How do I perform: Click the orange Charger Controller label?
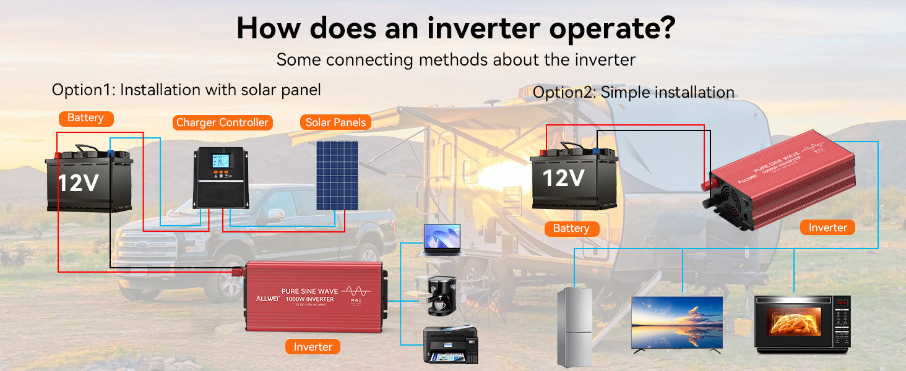coord(222,122)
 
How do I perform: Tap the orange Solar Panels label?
coord(336,122)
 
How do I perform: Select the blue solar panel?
coord(337,176)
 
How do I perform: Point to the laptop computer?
coord(442,240)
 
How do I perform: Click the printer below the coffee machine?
coord(450,345)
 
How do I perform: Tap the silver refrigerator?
coord(574,328)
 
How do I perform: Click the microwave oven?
coord(802,324)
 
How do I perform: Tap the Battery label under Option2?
coord(571,229)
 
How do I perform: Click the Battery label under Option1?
coord(85,118)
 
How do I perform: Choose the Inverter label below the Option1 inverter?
coord(313,347)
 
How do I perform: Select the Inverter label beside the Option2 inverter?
coord(827,228)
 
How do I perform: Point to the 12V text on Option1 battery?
coord(79,183)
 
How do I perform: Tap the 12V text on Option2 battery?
coord(563,178)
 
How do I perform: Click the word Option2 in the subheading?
coord(563,93)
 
